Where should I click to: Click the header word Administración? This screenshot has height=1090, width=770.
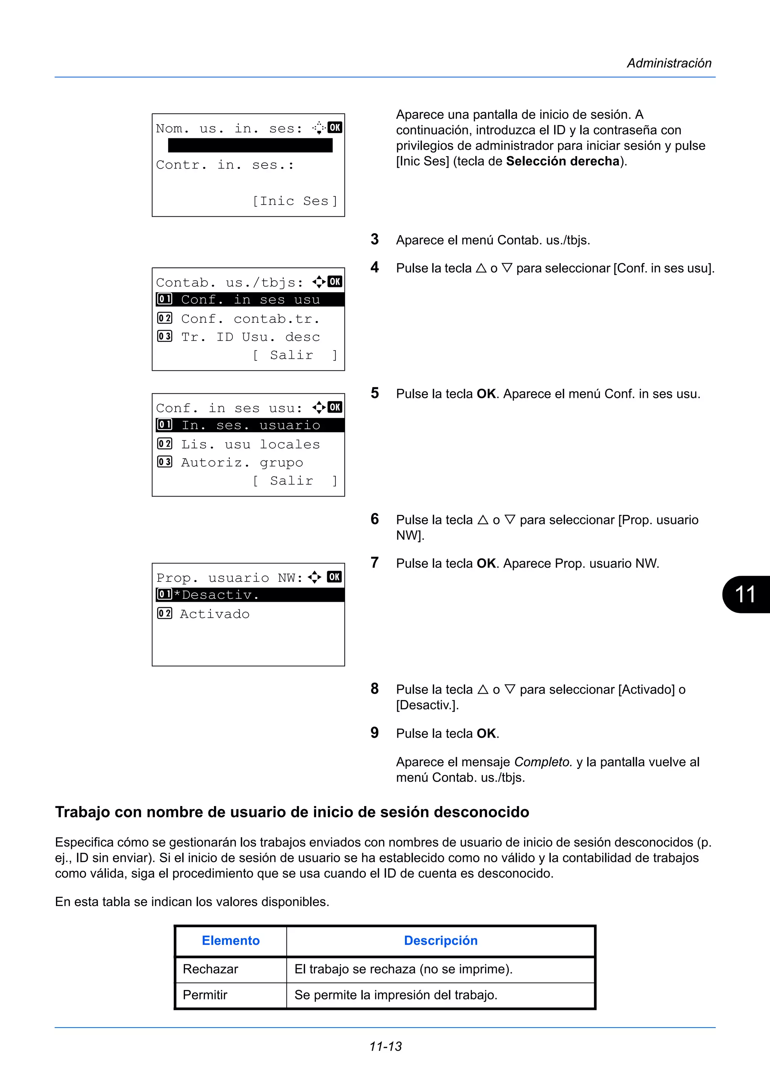coord(669,63)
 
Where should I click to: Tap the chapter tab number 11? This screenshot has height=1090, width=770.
coord(745,594)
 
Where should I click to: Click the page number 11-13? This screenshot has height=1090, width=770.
coord(385,1046)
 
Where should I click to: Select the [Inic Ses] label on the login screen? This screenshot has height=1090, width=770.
coord(295,201)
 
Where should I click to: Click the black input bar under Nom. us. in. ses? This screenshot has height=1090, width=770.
coord(250,145)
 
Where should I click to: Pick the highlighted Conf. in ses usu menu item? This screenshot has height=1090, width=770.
coord(250,299)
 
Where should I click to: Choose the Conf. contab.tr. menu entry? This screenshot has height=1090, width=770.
coord(250,319)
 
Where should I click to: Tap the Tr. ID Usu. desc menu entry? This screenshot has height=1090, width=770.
coord(250,337)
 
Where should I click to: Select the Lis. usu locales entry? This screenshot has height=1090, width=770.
coord(250,444)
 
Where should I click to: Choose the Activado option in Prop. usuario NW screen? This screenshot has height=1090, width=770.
coord(214,614)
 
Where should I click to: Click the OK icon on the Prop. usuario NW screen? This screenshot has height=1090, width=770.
coord(334,577)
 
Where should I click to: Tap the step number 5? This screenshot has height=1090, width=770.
coord(375,393)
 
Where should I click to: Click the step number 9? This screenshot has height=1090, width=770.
coord(375,733)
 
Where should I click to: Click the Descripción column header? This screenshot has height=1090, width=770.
coord(440,940)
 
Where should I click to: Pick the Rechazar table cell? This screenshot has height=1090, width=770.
coord(210,969)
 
